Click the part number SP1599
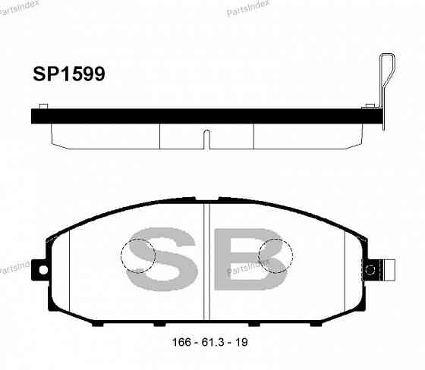pos(68,74)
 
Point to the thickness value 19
pos(241,342)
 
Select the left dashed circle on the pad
pos(138,256)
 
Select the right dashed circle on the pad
pos(274,256)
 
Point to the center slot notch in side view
pos(206,138)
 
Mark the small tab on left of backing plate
pos(44,105)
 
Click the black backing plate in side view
pos(205,116)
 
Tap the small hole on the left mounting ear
pos(42,269)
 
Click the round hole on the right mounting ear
pos(371,269)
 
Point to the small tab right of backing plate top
pos(370,105)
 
